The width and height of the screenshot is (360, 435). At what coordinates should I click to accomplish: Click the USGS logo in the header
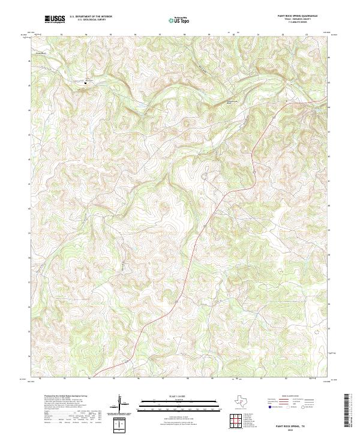click(55, 19)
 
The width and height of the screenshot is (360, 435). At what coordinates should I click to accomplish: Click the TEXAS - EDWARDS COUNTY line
click(296, 20)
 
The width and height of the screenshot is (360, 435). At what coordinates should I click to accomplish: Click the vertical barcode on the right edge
click(349, 410)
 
